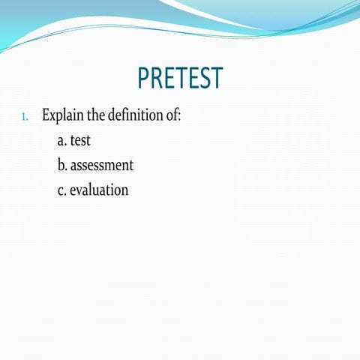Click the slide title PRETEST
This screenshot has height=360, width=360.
(x=180, y=78)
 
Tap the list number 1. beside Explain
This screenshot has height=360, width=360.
(x=25, y=117)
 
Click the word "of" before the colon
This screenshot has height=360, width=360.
(x=172, y=115)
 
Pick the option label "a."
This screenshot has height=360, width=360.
(x=61, y=140)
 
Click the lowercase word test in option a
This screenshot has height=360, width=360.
(x=80, y=140)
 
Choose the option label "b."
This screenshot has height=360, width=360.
(x=62, y=164)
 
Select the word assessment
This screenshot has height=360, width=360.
(x=102, y=165)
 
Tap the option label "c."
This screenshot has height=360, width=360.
(x=61, y=190)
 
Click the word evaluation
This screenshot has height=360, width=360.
(x=99, y=190)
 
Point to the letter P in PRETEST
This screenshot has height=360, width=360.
(x=144, y=78)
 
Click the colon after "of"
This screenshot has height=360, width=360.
(x=180, y=117)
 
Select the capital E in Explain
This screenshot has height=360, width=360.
(x=46, y=115)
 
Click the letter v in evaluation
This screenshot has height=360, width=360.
(x=81, y=190)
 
